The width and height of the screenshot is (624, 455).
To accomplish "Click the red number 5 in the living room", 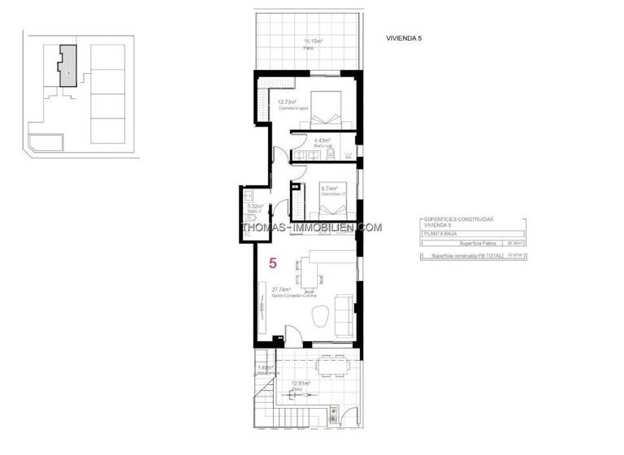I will click(274, 263).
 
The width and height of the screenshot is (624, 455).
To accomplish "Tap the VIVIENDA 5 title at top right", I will click(404, 37).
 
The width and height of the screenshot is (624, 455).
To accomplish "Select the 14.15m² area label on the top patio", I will click(314, 41).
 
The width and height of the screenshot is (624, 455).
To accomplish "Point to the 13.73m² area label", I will click(288, 102).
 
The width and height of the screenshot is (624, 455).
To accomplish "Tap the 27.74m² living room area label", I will click(281, 289).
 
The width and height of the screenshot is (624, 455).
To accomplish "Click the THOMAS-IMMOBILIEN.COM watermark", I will click(312, 227).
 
